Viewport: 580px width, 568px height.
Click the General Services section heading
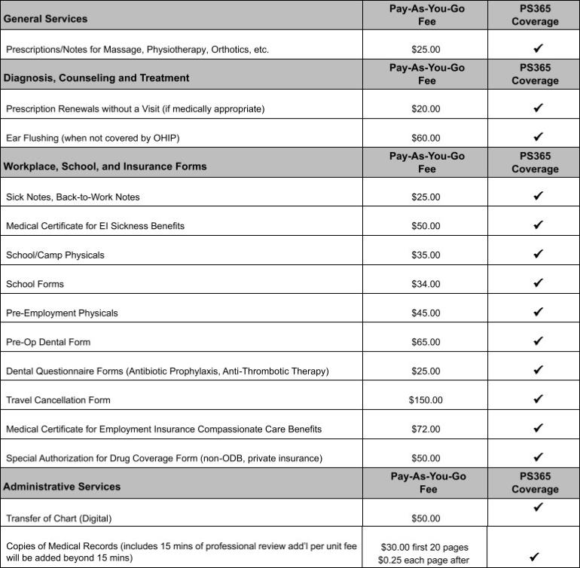(45, 18)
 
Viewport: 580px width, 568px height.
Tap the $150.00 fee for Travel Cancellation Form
(426, 400)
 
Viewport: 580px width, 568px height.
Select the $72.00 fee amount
(426, 429)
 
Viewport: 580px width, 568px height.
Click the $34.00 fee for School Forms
(426, 284)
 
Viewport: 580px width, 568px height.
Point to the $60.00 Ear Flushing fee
(426, 138)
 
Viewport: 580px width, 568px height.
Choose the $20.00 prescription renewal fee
(426, 109)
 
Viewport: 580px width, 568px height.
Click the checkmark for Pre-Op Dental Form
(538, 341)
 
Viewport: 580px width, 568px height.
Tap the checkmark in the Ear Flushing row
(538, 137)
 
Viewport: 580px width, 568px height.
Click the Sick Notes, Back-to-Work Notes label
(72, 197)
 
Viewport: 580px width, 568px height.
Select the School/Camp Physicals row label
(55, 255)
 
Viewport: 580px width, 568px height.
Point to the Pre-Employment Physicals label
(62, 313)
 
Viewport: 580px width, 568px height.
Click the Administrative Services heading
(62, 487)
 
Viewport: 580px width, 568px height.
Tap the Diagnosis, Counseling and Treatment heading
(96, 78)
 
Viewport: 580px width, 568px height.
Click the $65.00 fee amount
(426, 342)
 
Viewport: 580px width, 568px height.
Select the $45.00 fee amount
(426, 313)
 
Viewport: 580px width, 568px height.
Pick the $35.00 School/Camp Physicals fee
(426, 255)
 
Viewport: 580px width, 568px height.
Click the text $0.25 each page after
(426, 560)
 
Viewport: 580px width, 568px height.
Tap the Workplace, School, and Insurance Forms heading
(105, 166)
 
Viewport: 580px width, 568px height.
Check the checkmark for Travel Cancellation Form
(538, 399)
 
